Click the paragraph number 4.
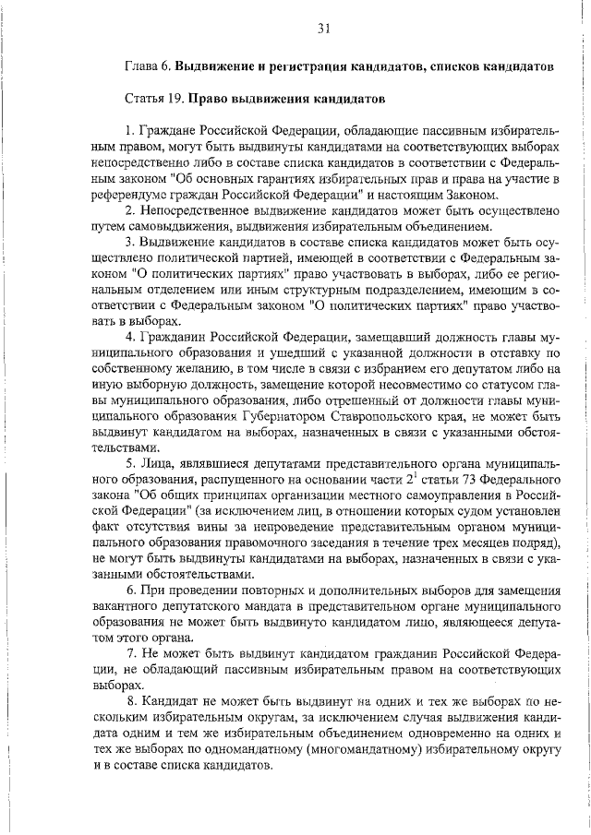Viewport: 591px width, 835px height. click(129, 337)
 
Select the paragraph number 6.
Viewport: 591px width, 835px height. click(129, 590)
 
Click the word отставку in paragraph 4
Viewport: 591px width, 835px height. click(524, 352)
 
